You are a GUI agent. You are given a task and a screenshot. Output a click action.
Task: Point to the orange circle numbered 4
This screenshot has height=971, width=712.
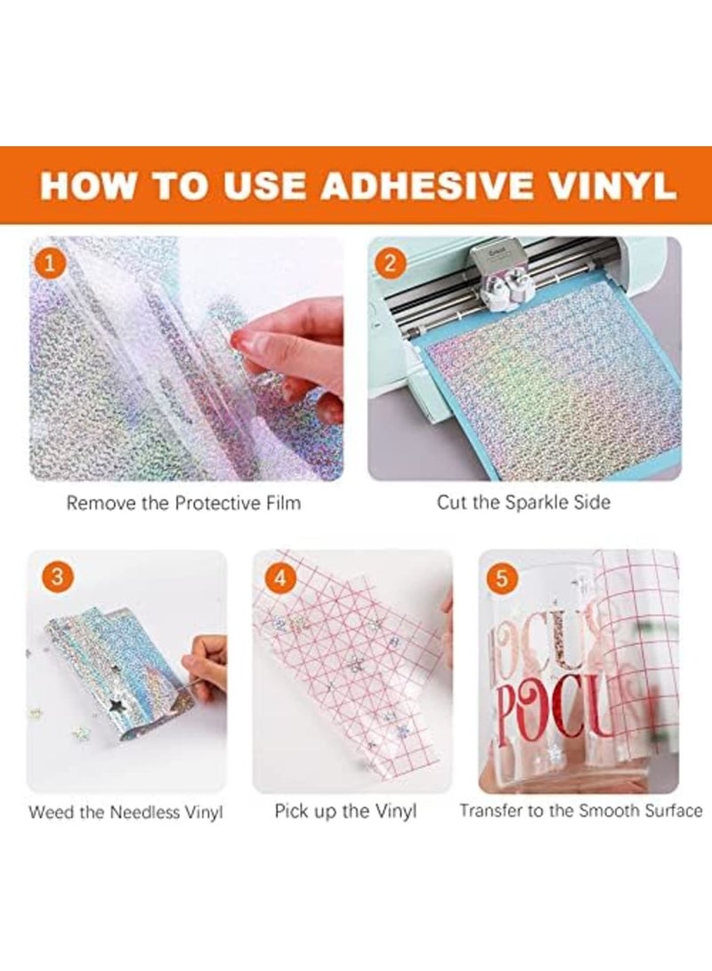(x=281, y=579)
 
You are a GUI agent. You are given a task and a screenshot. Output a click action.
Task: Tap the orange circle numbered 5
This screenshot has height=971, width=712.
(x=503, y=579)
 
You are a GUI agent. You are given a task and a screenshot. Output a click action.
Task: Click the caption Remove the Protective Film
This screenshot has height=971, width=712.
(x=183, y=503)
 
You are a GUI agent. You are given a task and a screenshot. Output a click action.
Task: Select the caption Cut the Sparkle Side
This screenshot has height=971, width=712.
(x=523, y=502)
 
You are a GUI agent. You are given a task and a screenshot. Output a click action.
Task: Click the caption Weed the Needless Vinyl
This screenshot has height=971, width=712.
(x=125, y=813)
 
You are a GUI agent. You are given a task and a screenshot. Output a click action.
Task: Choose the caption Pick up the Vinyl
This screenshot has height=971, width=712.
(x=345, y=812)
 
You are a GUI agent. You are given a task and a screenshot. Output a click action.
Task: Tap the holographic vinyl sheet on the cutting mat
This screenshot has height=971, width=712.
(x=543, y=383)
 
